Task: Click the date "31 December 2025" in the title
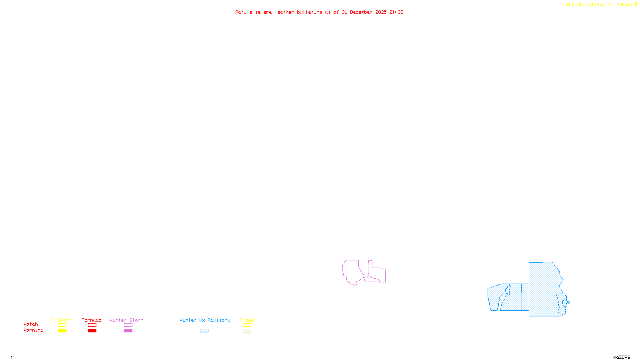(x=364, y=12)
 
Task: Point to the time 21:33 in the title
(x=396, y=12)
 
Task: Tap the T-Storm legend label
(x=62, y=320)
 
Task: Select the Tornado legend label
(x=92, y=320)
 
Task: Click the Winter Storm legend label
(x=126, y=320)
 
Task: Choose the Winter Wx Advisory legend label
(x=205, y=320)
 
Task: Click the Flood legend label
(x=247, y=320)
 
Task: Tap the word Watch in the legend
(x=31, y=324)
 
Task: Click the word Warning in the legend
(x=33, y=330)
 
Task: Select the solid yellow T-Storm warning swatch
(x=62, y=331)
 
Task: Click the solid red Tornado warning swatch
(x=92, y=331)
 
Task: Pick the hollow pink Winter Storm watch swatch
(x=128, y=325)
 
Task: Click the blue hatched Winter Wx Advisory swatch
(x=204, y=331)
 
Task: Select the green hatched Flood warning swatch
(x=247, y=331)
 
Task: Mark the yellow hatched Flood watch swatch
(x=247, y=325)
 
